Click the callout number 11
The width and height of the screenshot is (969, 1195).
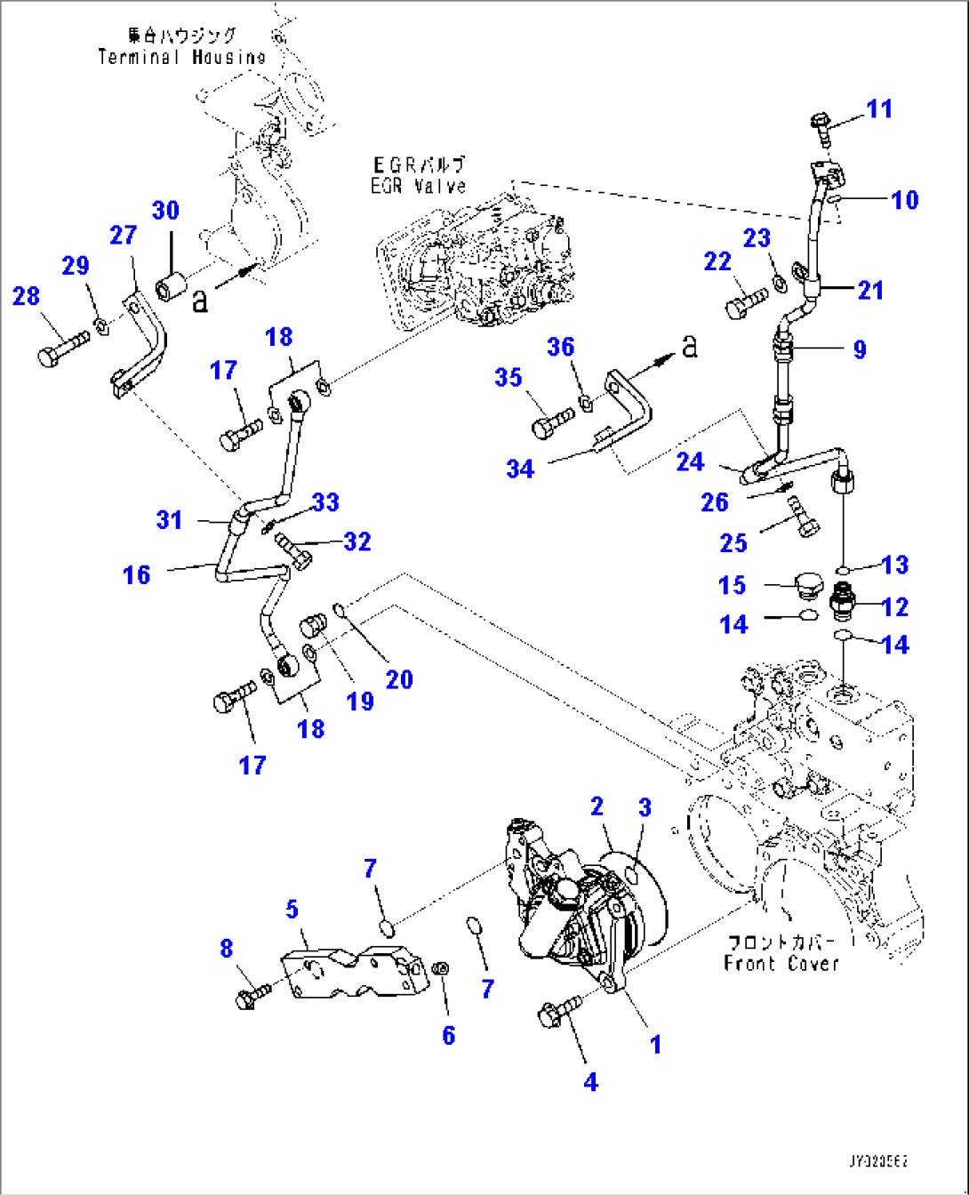[878, 109]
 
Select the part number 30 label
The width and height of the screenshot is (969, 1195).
[165, 211]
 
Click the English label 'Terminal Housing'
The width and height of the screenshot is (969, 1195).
[181, 57]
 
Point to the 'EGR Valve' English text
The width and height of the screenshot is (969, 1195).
[418, 185]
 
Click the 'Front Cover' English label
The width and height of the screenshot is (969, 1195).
[781, 964]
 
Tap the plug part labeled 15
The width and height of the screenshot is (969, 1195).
[808, 589]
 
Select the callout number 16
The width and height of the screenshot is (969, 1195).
[136, 575]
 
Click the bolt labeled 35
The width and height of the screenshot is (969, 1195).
[550, 424]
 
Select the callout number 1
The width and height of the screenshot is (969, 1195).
[655, 1045]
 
